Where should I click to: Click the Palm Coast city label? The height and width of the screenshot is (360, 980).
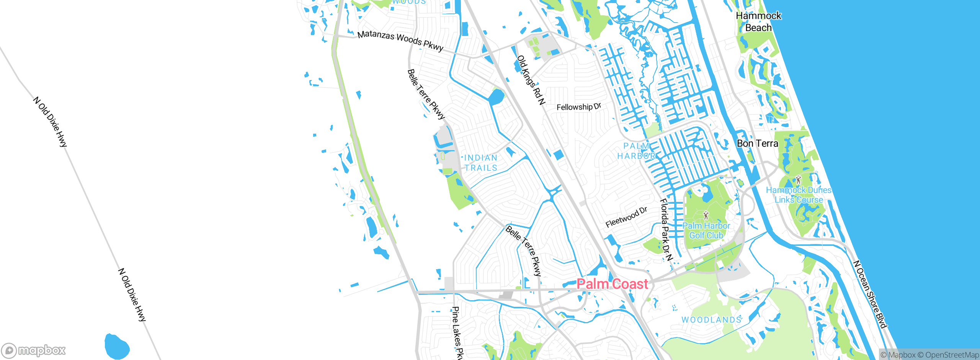coord(612,284)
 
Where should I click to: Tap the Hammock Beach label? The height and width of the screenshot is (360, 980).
coord(758,22)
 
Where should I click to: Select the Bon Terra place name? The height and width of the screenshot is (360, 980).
coord(757,144)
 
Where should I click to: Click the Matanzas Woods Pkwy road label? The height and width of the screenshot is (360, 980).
coord(400,41)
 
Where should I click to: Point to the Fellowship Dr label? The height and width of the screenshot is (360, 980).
coord(578,107)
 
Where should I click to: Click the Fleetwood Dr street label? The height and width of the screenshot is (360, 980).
coord(626,218)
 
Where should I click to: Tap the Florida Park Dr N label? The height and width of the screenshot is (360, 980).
coord(666,230)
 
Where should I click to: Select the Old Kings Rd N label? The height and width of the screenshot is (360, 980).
coord(531,80)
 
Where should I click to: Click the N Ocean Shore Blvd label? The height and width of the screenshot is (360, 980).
coord(869,294)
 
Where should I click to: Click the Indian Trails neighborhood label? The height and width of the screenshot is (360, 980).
coord(481,163)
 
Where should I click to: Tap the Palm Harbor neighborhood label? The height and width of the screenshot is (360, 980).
coord(636,151)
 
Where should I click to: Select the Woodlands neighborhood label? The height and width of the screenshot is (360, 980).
coord(711,320)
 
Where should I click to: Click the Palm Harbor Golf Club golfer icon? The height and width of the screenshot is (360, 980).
coord(706,215)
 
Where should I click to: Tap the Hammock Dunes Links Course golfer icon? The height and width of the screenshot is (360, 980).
coord(798,180)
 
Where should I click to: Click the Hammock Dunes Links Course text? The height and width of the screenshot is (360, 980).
coord(799,195)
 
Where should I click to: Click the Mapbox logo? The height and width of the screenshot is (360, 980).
coord(34,350)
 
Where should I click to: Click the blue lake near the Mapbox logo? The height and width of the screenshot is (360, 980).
coord(116,346)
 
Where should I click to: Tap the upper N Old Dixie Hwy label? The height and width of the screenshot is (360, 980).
coord(50,122)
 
